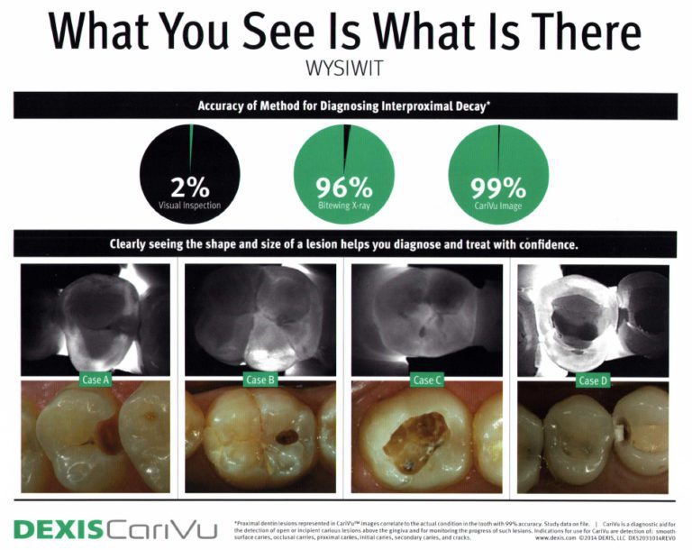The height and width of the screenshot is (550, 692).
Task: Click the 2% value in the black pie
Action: click(x=189, y=188)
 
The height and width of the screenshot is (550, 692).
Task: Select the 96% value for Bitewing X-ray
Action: click(x=343, y=188)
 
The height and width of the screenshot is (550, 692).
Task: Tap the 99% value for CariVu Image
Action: click(x=497, y=188)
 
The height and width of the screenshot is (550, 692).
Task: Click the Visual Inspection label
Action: click(x=189, y=206)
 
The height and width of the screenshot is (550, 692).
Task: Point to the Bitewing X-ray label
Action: click(x=343, y=206)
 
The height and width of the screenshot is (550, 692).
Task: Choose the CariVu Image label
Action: click(x=497, y=206)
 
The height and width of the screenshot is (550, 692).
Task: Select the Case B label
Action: click(x=256, y=380)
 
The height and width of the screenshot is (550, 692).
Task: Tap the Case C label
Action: click(x=425, y=380)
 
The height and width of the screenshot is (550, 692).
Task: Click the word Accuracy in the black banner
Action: click(x=225, y=105)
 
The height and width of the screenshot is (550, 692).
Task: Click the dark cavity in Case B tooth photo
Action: click(x=287, y=437)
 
